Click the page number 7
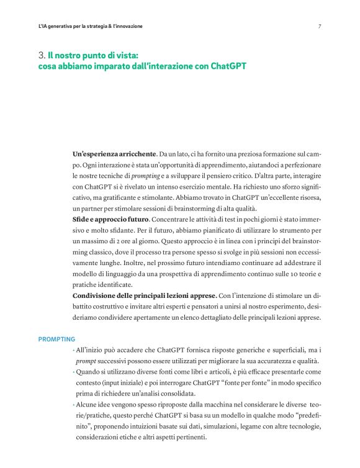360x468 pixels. (x=319, y=27)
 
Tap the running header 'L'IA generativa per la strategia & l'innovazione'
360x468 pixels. (x=91, y=27)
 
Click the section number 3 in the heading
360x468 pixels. (x=41, y=55)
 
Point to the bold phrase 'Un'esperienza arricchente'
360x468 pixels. (x=115, y=153)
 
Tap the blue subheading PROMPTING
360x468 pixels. (x=56, y=339)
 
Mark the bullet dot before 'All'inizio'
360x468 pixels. (x=74, y=351)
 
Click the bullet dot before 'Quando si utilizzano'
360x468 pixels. (x=74, y=372)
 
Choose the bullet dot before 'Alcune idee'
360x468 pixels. (x=74, y=405)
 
